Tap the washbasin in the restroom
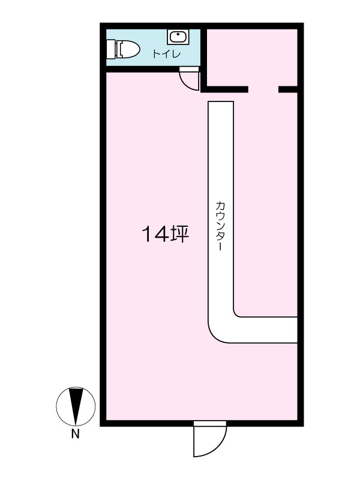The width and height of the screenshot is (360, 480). (x=178, y=37)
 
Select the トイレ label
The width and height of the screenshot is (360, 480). (x=167, y=54)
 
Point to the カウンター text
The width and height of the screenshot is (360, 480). (x=220, y=226)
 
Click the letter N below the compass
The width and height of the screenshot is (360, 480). (x=76, y=434)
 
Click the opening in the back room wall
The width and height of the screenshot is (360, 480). (x=263, y=89)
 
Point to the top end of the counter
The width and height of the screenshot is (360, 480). (x=221, y=102)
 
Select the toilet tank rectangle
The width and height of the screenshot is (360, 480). (x=111, y=49)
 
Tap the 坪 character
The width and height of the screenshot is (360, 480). (x=179, y=234)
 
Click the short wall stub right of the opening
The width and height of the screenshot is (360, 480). (x=288, y=89)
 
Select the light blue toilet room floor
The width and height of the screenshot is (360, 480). (x=153, y=47)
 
